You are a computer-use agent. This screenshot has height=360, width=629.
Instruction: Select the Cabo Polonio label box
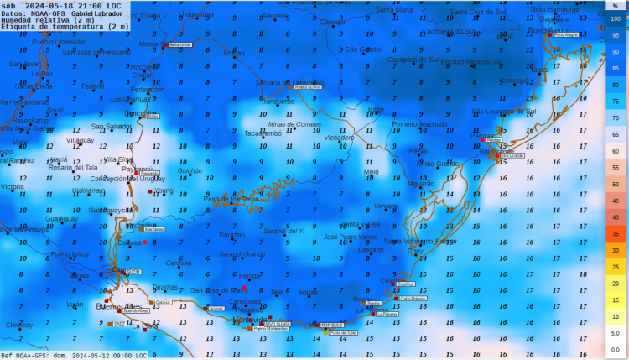click(413, 298)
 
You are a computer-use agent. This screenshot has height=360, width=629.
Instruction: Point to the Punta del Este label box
click(344, 333)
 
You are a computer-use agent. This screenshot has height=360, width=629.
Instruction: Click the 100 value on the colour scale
click(616, 18)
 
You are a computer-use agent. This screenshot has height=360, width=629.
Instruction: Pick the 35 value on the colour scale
click(616, 234)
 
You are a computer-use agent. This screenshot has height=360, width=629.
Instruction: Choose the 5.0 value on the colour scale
click(616, 333)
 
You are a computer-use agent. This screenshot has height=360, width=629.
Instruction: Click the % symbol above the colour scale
click(615, 5)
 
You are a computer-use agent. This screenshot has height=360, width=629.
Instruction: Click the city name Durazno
click(232, 236)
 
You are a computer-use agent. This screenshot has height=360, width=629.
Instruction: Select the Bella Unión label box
click(180, 44)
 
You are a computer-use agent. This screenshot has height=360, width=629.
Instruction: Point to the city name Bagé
click(376, 109)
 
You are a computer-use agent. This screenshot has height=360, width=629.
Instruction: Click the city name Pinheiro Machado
click(420, 124)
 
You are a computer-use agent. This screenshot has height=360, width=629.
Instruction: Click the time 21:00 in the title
click(89, 5)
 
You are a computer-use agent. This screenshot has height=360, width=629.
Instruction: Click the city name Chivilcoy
click(18, 325)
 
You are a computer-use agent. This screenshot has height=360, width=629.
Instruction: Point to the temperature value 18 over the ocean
click(583, 274)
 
